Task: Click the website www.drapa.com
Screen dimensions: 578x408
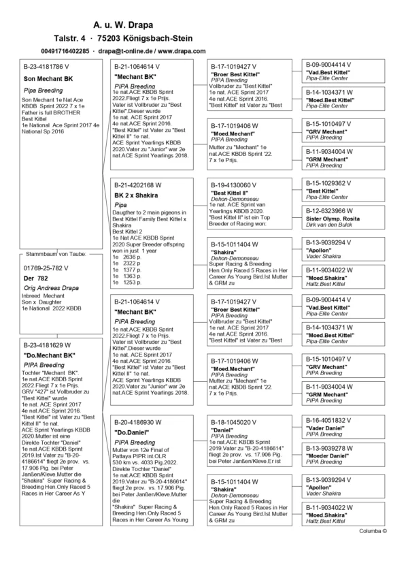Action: coord(182,51)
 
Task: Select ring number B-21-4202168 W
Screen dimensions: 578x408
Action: coord(137,184)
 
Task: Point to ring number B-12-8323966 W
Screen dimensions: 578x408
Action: coord(328,211)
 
